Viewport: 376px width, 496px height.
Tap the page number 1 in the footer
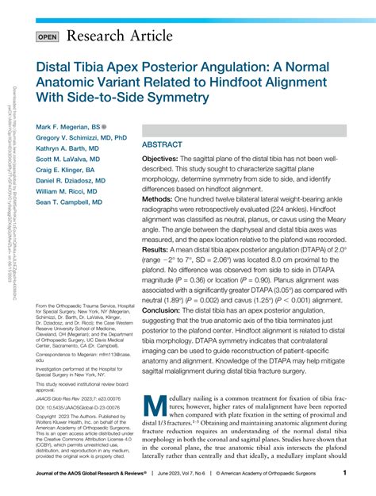click(x=344, y=474)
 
